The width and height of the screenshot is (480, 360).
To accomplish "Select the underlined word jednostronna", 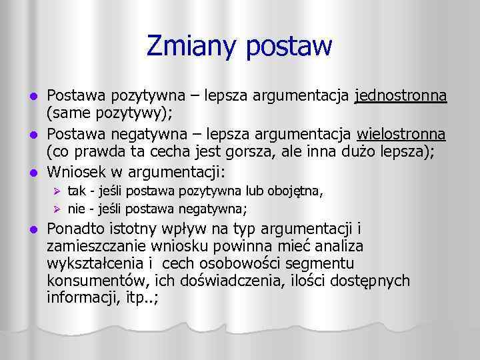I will tap(401, 98).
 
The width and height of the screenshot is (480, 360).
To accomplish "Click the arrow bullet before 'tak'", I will tap(57, 193).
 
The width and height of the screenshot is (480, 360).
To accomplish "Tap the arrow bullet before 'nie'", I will tap(57, 209).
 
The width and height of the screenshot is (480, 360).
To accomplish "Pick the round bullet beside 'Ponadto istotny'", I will tap(35, 230).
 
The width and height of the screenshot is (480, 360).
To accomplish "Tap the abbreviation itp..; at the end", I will tap(142, 297).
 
